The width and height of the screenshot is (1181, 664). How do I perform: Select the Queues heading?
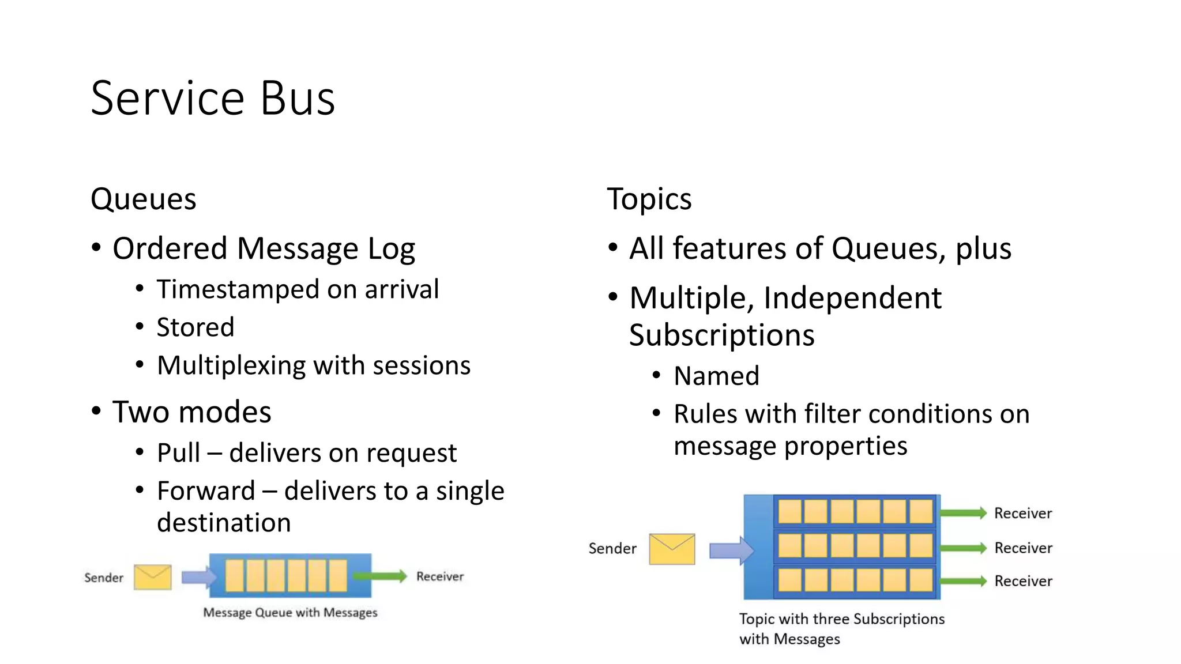(x=143, y=199)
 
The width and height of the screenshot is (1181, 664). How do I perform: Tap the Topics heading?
(x=649, y=199)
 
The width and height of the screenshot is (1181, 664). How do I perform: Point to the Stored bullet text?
(x=195, y=327)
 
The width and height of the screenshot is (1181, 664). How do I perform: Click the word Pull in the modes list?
(x=179, y=453)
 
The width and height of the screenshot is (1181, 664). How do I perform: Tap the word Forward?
(x=206, y=491)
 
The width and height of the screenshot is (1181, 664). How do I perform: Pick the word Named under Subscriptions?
(x=716, y=376)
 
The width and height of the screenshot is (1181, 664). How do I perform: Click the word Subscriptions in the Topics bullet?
(x=721, y=335)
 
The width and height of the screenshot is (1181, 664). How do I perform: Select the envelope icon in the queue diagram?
(x=152, y=577)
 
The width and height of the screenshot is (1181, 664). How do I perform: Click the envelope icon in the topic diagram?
(x=672, y=549)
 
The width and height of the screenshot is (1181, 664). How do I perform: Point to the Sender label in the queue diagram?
(x=104, y=578)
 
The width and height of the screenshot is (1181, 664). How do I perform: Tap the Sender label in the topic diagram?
(x=612, y=549)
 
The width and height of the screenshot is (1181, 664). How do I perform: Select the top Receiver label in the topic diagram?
(x=1023, y=514)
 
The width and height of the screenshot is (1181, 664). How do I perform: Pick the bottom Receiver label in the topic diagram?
(x=1023, y=581)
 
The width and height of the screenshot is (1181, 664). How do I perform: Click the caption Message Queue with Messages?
(x=290, y=613)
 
